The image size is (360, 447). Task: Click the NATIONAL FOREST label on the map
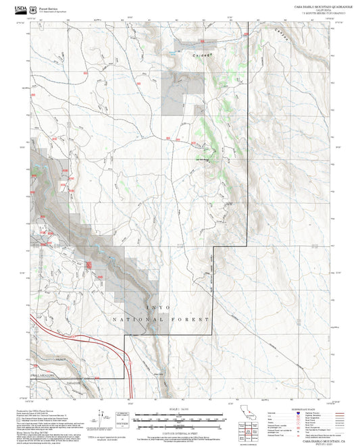tap(160, 318)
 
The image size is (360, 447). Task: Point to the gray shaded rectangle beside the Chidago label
tap(187, 45)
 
